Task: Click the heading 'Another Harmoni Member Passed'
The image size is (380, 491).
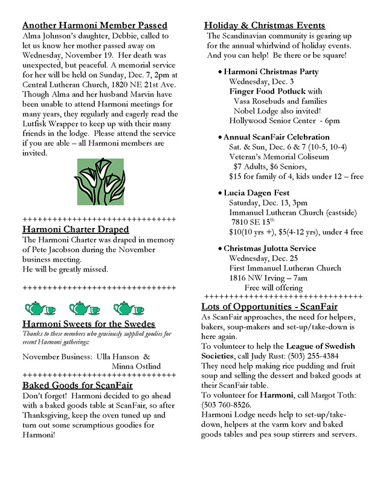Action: (x=95, y=25)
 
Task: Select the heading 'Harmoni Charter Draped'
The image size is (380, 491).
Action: (x=76, y=229)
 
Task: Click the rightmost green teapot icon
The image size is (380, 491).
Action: (x=129, y=309)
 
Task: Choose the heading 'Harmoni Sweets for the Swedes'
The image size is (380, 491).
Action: (x=88, y=324)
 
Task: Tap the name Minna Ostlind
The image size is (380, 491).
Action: (x=137, y=366)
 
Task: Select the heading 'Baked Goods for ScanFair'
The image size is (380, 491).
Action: (x=77, y=385)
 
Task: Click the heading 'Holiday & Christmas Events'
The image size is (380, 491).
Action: (x=265, y=25)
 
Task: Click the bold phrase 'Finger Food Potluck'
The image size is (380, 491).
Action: (x=268, y=91)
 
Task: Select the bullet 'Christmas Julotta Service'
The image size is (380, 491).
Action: (x=269, y=249)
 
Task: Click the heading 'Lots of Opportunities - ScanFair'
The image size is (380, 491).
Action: (x=269, y=307)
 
